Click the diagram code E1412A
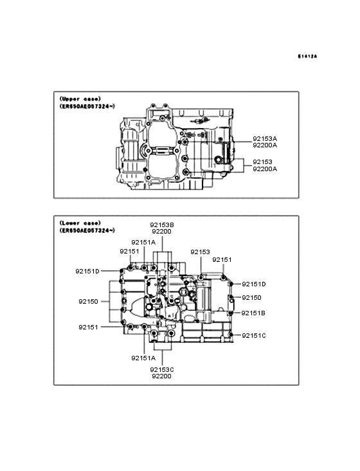pos(307,56)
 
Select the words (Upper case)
pos(80,99)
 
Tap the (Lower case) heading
pos(80,223)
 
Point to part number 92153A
pos(265,139)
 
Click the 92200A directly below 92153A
pos(265,145)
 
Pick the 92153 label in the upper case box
pos(262,162)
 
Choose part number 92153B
pos(162,225)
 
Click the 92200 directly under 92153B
pos(162,232)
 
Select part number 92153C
pos(162,370)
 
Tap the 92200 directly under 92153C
pos(162,376)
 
